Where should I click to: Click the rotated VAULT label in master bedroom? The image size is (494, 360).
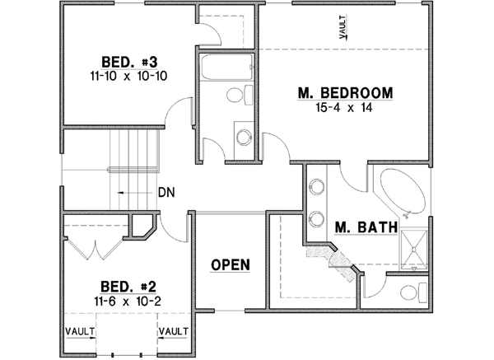(342, 28)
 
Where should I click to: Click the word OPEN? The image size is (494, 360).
(231, 264)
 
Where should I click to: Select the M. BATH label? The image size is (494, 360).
(366, 227)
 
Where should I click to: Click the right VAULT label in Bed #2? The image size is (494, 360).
(174, 331)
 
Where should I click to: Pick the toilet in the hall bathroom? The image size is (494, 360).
(237, 97)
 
